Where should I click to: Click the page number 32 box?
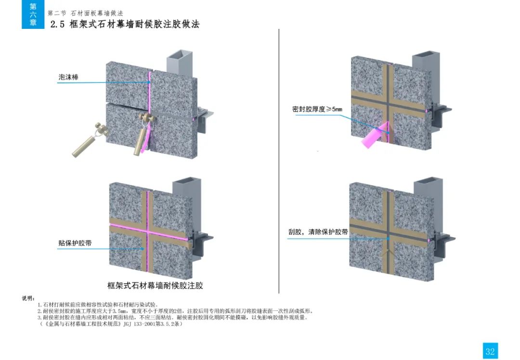[490, 351]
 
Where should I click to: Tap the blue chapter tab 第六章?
[33, 14]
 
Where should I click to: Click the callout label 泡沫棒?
[69, 77]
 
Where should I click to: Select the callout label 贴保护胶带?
[75, 243]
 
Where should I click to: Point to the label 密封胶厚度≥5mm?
[317, 109]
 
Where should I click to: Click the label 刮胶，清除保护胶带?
[318, 231]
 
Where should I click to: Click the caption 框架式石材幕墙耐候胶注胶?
[155, 285]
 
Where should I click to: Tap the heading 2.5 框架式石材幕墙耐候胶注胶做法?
[125, 24]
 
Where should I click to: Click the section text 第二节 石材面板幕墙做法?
[85, 13]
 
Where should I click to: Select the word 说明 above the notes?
[28, 298]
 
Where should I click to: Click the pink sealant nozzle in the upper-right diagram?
[375, 135]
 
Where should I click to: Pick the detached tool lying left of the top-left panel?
[88, 140]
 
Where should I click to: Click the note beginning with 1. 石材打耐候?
[98, 305]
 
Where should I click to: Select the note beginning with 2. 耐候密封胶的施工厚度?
[175, 311]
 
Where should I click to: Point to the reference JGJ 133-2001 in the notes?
[139, 324]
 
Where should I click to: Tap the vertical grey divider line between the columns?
[279, 161]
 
